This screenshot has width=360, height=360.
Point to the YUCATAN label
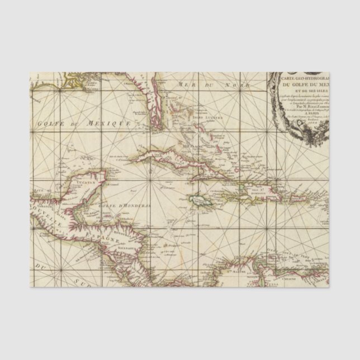[79, 182]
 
